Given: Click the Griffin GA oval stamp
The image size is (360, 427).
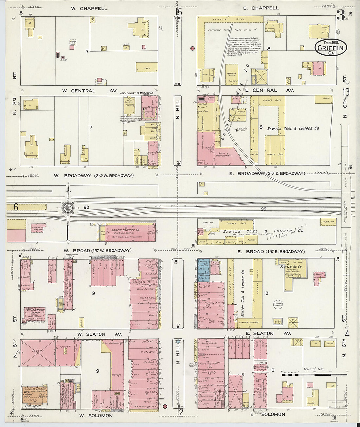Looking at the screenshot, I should pyautogui.click(x=331, y=48).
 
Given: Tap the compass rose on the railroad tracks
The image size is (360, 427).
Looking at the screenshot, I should pyautogui.click(x=68, y=207).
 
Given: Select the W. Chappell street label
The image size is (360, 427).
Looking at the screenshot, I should pyautogui.click(x=89, y=8).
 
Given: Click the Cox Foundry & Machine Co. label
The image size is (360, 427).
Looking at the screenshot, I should pyautogui.click(x=137, y=93).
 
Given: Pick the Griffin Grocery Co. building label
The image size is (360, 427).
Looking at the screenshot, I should pyautogui.click(x=125, y=230).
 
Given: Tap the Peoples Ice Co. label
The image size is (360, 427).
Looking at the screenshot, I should pyautogui.click(x=291, y=267).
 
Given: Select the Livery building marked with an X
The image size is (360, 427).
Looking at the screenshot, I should pyautogui.click(x=38, y=353).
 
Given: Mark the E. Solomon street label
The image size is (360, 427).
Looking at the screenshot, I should pyautogui.click(x=268, y=414).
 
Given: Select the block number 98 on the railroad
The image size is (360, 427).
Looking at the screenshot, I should pyautogui.click(x=86, y=207).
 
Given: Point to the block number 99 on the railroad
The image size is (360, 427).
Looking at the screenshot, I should pyautogui.click(x=263, y=209).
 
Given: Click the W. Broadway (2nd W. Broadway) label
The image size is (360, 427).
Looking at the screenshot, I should pyautogui.click(x=94, y=176).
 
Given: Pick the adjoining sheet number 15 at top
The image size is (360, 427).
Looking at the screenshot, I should pyautogui.click(x=178, y=12).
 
